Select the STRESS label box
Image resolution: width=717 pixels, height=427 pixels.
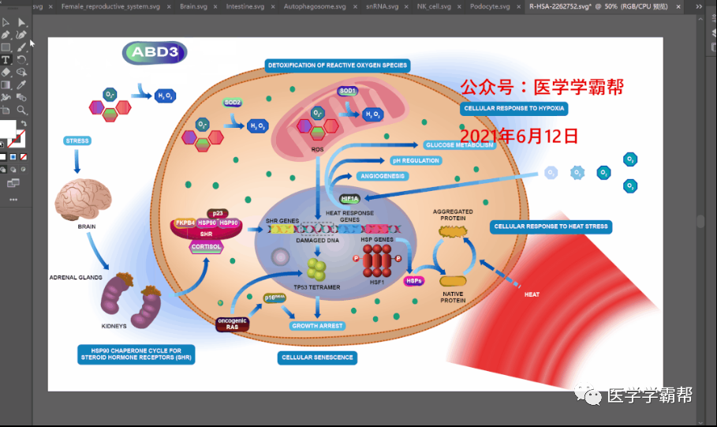pos(77,140)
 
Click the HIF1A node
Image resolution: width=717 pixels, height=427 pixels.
pos(349,199)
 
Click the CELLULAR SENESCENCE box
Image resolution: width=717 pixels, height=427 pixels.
pos(318,358)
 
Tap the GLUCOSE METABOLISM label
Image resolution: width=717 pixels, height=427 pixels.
pos(460,145)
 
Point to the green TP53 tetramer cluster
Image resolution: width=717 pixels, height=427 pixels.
pos(318,268)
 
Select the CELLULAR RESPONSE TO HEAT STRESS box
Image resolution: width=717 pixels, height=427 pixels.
pos(551,227)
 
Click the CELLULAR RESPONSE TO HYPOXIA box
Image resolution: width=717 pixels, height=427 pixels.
pos(514,108)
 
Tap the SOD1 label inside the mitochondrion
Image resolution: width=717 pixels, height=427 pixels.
pos(348,91)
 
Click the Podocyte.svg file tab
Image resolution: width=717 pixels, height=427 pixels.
pos(490,6)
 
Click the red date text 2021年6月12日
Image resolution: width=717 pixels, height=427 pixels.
pos(519,135)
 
